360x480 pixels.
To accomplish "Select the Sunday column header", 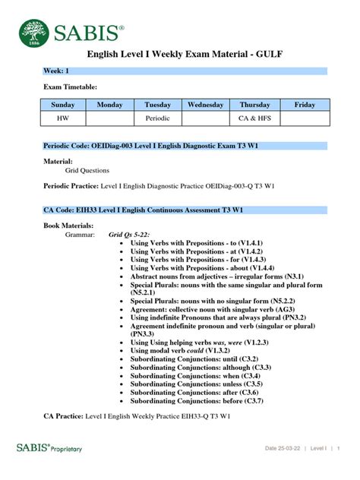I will coord(62,105).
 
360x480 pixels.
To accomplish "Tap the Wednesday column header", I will coord(205,105).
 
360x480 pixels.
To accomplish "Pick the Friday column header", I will coord(304,105).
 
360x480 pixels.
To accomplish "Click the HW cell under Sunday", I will coord(62,119).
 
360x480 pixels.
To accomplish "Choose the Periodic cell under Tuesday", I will coord(158,119).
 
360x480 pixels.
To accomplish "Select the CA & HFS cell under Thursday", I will coord(254,119).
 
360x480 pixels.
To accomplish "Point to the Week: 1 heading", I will coord(55,71).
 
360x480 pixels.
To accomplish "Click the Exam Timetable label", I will coord(70,87).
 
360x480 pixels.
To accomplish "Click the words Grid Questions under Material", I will coord(87,171).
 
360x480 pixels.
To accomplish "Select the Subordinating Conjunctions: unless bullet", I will coord(195,384).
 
